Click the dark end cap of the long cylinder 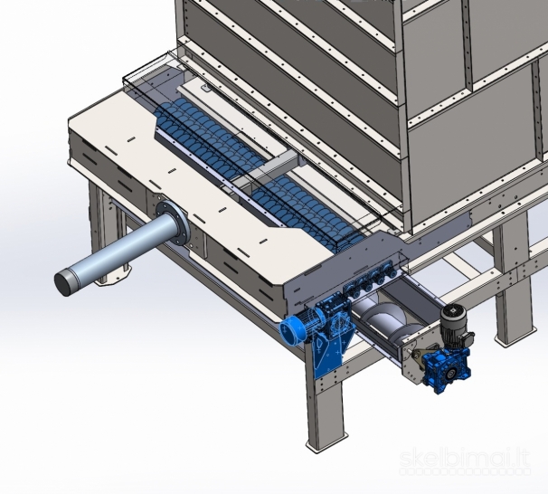pyautogui.click(x=64, y=281)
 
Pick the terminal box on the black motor pyautogui.click(x=468, y=338)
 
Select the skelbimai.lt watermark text pyautogui.click(x=465, y=459)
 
